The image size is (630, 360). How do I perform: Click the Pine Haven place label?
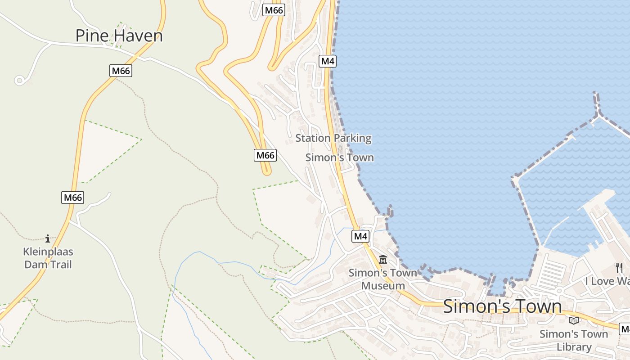pos(119,36)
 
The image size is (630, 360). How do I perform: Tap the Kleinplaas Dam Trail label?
pos(48,258)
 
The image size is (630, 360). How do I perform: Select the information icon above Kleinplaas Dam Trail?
pos(48,238)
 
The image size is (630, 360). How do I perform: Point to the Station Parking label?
pos(333,138)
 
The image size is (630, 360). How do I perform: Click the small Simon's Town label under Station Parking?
pos(339,157)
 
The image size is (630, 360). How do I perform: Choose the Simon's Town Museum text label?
pos(383,279)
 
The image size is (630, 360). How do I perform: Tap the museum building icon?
pos(383,260)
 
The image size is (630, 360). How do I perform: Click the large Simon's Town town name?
pos(502,306)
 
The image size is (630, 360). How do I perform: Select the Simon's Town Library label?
pos(573,340)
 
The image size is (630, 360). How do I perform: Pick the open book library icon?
pos(573,320)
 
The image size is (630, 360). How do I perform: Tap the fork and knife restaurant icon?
pos(619,268)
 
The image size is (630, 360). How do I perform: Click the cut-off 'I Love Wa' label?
pos(607,281)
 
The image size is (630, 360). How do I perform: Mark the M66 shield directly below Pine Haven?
pos(121,71)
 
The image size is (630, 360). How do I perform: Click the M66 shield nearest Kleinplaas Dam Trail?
pos(72,197)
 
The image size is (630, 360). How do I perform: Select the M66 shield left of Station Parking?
pos(265,155)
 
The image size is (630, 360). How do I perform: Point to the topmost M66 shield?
pos(274,10)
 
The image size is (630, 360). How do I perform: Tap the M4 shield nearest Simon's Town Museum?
pos(360,236)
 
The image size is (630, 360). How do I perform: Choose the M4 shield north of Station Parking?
pos(328,61)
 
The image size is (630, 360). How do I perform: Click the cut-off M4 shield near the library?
pos(625,329)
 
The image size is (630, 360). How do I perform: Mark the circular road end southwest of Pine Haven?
pos(19,81)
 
